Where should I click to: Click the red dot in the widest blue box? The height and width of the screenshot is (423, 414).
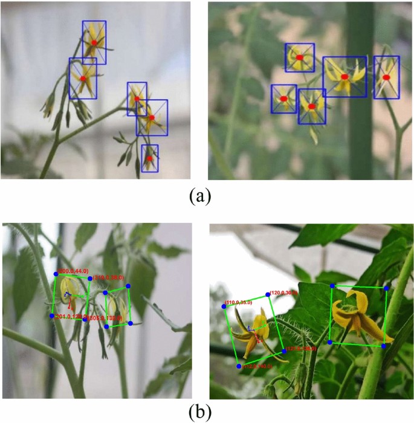pyautogui.click(x=344, y=77)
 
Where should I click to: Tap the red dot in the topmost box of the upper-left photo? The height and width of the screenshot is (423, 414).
pyautogui.click(x=94, y=42)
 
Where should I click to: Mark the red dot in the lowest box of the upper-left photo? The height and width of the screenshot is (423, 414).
pyautogui.click(x=149, y=158)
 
